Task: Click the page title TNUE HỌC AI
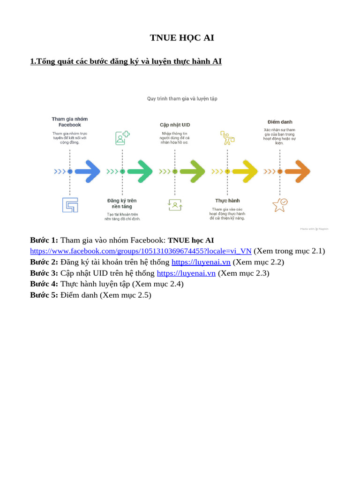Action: point(182,38)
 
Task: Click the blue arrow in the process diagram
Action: point(87,172)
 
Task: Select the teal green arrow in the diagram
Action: point(139,172)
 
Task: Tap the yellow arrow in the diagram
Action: point(244,172)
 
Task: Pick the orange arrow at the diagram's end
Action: point(297,172)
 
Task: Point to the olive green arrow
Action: point(192,172)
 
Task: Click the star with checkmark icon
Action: point(280,205)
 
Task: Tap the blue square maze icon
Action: point(70,205)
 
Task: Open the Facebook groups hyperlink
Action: point(141,251)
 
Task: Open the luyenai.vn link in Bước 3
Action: point(186,273)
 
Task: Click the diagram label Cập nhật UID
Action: point(175,125)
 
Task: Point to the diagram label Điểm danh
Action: point(280,122)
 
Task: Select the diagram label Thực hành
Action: point(227,201)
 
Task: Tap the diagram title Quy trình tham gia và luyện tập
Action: point(182,99)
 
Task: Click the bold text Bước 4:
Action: point(44,284)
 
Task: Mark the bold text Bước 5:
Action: point(44,295)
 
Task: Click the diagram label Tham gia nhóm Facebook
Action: point(70,122)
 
